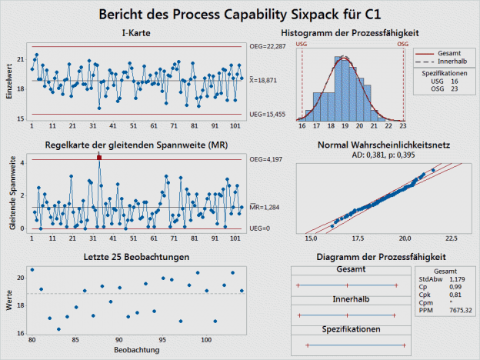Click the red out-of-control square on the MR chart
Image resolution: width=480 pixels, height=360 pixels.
99,157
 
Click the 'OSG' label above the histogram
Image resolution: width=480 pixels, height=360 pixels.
402,45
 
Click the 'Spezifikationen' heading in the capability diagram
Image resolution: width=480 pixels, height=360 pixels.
348,328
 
